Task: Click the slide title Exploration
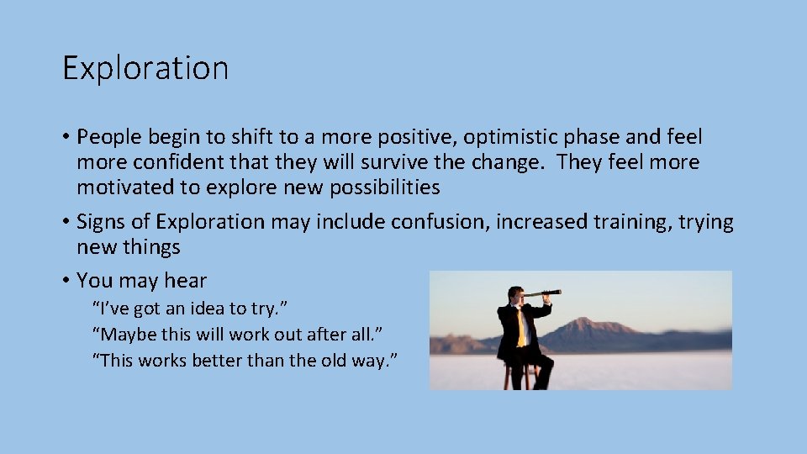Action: tap(145, 68)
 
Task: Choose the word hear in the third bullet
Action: tap(186, 281)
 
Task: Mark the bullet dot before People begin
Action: tap(66, 137)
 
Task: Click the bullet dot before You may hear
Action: tap(66, 281)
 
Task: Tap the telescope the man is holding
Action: tap(542, 293)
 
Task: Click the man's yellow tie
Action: tap(520, 326)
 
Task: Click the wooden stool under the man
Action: tap(520, 376)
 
